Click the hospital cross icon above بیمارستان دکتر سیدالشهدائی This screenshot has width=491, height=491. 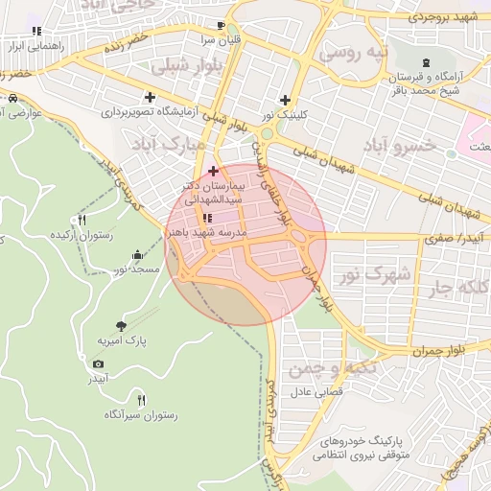pos(213,171)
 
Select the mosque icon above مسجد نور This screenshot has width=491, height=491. pos(137,255)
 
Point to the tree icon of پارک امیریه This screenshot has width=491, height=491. pos(120,326)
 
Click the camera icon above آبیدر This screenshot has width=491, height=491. pos(98,364)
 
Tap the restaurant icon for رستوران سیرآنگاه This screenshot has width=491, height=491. pos(142,400)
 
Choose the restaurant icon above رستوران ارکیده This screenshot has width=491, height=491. pos(82,220)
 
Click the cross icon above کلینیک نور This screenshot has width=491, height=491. pos(285,100)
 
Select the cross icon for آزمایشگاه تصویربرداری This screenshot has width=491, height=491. pos(150,97)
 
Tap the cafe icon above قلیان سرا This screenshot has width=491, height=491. pos(222,25)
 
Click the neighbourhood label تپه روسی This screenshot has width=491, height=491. pos(353,55)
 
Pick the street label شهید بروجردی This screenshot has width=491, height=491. pos(442,17)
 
